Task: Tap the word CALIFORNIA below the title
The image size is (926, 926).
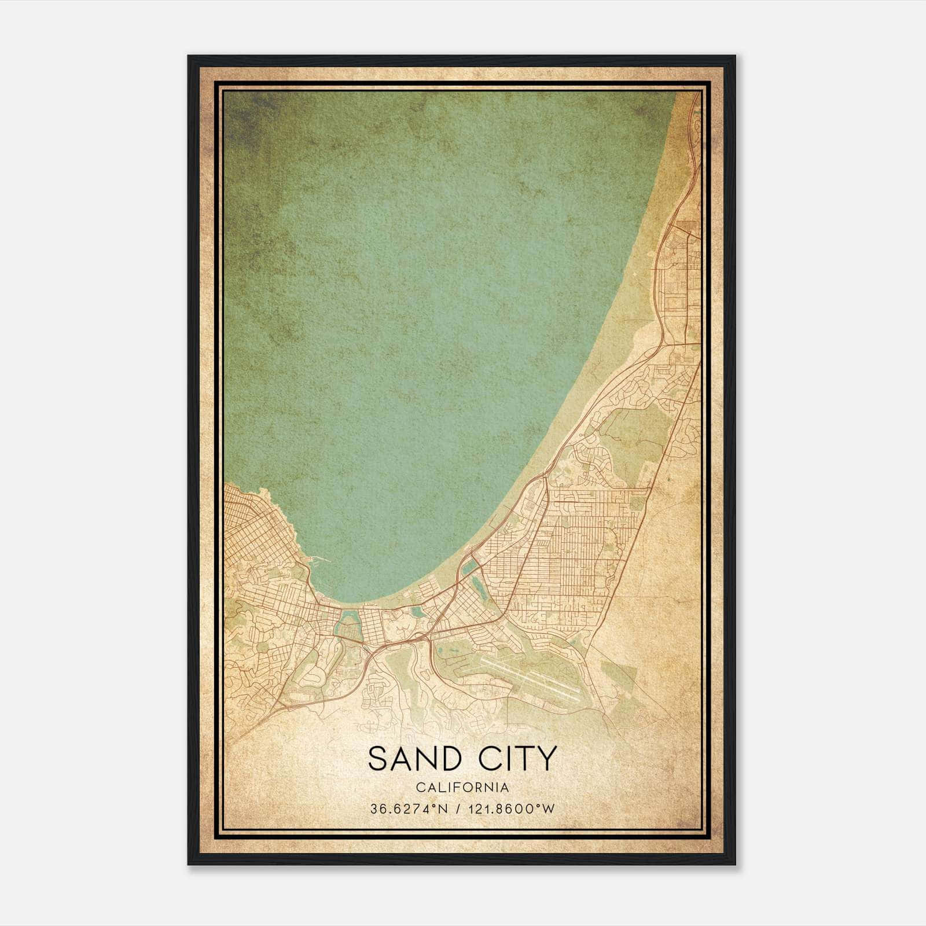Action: (x=462, y=788)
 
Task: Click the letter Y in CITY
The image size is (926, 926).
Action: (x=547, y=759)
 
